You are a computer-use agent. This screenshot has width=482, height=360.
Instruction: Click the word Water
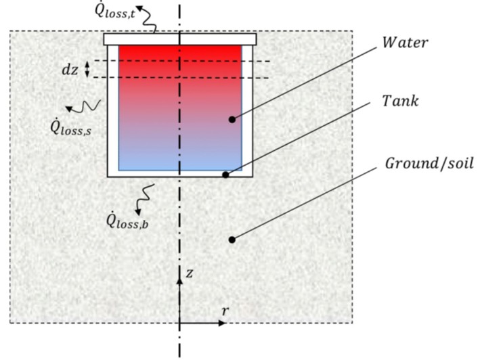[405, 43]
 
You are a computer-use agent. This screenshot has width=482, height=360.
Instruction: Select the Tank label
[400, 101]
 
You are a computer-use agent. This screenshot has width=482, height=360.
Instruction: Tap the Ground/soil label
[429, 163]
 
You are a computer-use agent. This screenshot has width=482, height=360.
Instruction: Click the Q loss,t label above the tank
[114, 10]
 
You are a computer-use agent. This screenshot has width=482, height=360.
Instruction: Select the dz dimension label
[70, 70]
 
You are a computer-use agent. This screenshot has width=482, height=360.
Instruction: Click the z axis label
[190, 273]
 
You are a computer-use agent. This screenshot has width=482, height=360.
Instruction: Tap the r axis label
[225, 311]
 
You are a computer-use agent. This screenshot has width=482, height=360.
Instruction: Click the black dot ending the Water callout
[232, 120]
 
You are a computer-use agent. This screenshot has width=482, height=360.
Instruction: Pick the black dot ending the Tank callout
[225, 175]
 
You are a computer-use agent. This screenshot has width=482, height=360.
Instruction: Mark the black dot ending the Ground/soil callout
[232, 240]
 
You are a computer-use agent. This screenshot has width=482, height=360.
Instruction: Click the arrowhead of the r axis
[222, 323]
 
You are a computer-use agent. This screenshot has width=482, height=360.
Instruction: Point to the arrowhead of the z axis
[179, 280]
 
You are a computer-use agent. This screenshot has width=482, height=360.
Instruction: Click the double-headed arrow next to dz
[87, 69]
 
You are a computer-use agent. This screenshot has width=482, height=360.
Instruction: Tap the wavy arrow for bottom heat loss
[144, 200]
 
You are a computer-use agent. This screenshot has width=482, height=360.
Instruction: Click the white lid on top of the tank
[180, 39]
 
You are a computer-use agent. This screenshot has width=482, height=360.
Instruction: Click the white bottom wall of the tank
[180, 174]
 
